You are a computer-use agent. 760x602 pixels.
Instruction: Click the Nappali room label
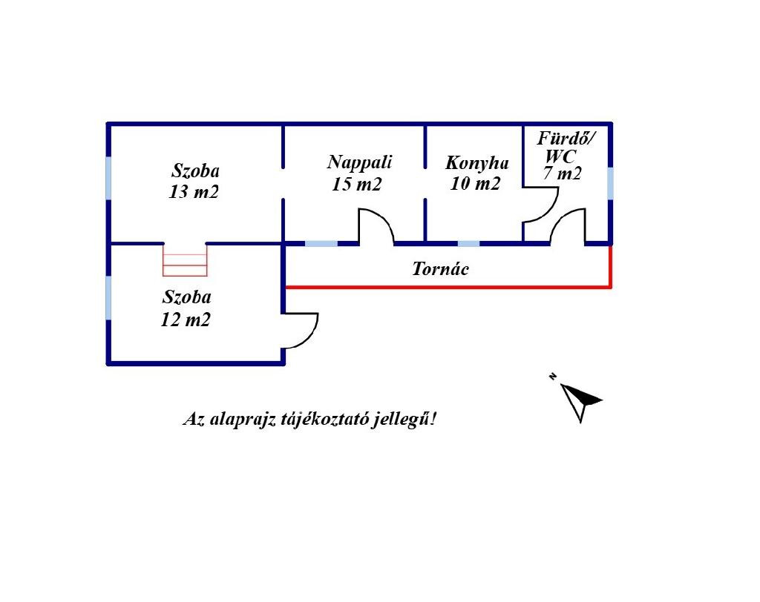point(360,162)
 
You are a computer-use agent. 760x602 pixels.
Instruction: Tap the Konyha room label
point(476,163)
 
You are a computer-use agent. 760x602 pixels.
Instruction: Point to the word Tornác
point(440,268)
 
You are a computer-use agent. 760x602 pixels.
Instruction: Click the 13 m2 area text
point(194,192)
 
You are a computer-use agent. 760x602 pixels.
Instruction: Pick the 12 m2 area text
point(186,320)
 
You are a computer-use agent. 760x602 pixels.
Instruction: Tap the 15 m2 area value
point(356,185)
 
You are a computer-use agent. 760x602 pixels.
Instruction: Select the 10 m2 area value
point(475,184)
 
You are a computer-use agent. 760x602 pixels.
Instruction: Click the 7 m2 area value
point(562,175)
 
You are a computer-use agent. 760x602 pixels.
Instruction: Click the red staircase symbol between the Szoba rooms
point(185,259)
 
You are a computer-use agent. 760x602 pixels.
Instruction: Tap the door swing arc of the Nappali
point(376,225)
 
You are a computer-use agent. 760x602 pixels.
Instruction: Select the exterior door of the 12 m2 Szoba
point(301,331)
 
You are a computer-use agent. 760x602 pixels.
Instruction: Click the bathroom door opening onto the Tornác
point(569,226)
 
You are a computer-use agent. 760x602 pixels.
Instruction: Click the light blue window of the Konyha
point(468,243)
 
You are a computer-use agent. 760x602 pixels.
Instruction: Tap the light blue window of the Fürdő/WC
point(610,184)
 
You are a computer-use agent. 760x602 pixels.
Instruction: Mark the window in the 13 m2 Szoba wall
point(109,178)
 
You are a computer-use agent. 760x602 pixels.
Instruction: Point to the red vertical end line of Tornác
point(610,265)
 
